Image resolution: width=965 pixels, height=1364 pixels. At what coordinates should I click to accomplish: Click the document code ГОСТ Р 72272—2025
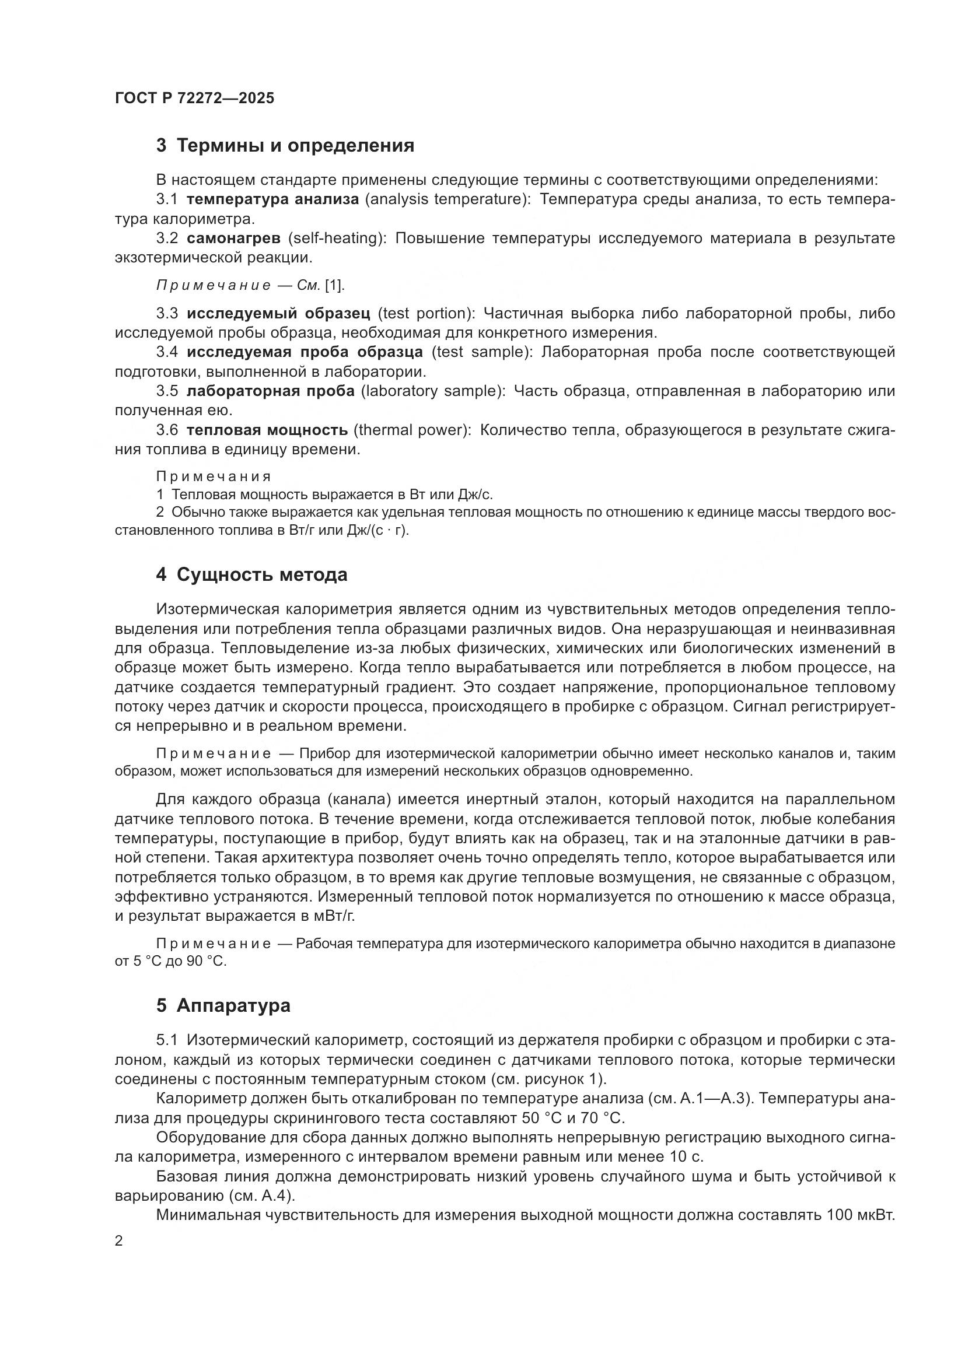click(x=194, y=98)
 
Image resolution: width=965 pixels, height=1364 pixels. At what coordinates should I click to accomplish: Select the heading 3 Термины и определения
click(x=285, y=146)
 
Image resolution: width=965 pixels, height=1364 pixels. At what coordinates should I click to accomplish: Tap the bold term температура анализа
click(x=272, y=199)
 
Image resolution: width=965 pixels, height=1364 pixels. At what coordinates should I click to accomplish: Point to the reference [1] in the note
click(x=333, y=286)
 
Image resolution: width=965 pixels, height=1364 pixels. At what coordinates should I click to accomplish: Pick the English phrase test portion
click(x=423, y=313)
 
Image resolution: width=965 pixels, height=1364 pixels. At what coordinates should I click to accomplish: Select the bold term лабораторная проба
click(x=270, y=391)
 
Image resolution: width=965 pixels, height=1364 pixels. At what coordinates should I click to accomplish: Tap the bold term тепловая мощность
click(x=267, y=430)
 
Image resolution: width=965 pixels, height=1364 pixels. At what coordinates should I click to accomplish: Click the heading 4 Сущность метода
click(x=252, y=575)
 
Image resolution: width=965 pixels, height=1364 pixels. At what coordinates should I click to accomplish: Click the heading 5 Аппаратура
click(x=223, y=1006)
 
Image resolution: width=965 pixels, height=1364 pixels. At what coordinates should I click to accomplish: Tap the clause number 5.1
click(x=167, y=1040)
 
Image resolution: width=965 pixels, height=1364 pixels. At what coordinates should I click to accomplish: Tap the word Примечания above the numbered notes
click(x=214, y=476)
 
